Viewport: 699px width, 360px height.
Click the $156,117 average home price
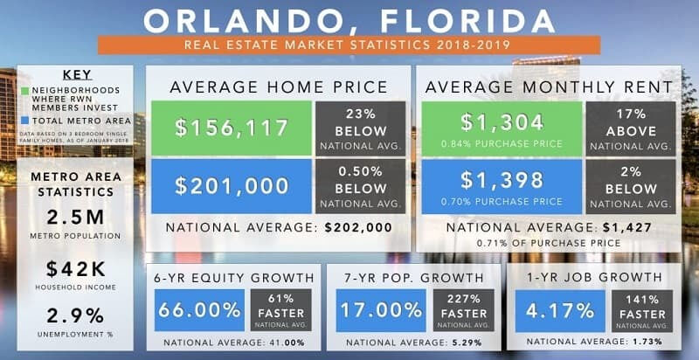point(232,128)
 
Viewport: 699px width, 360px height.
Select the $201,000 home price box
point(232,185)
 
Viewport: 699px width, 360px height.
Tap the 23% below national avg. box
point(360,128)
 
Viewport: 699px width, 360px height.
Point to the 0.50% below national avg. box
point(360,185)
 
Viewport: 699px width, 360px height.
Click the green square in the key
point(27,90)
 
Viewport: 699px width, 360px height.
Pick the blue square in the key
point(27,121)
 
